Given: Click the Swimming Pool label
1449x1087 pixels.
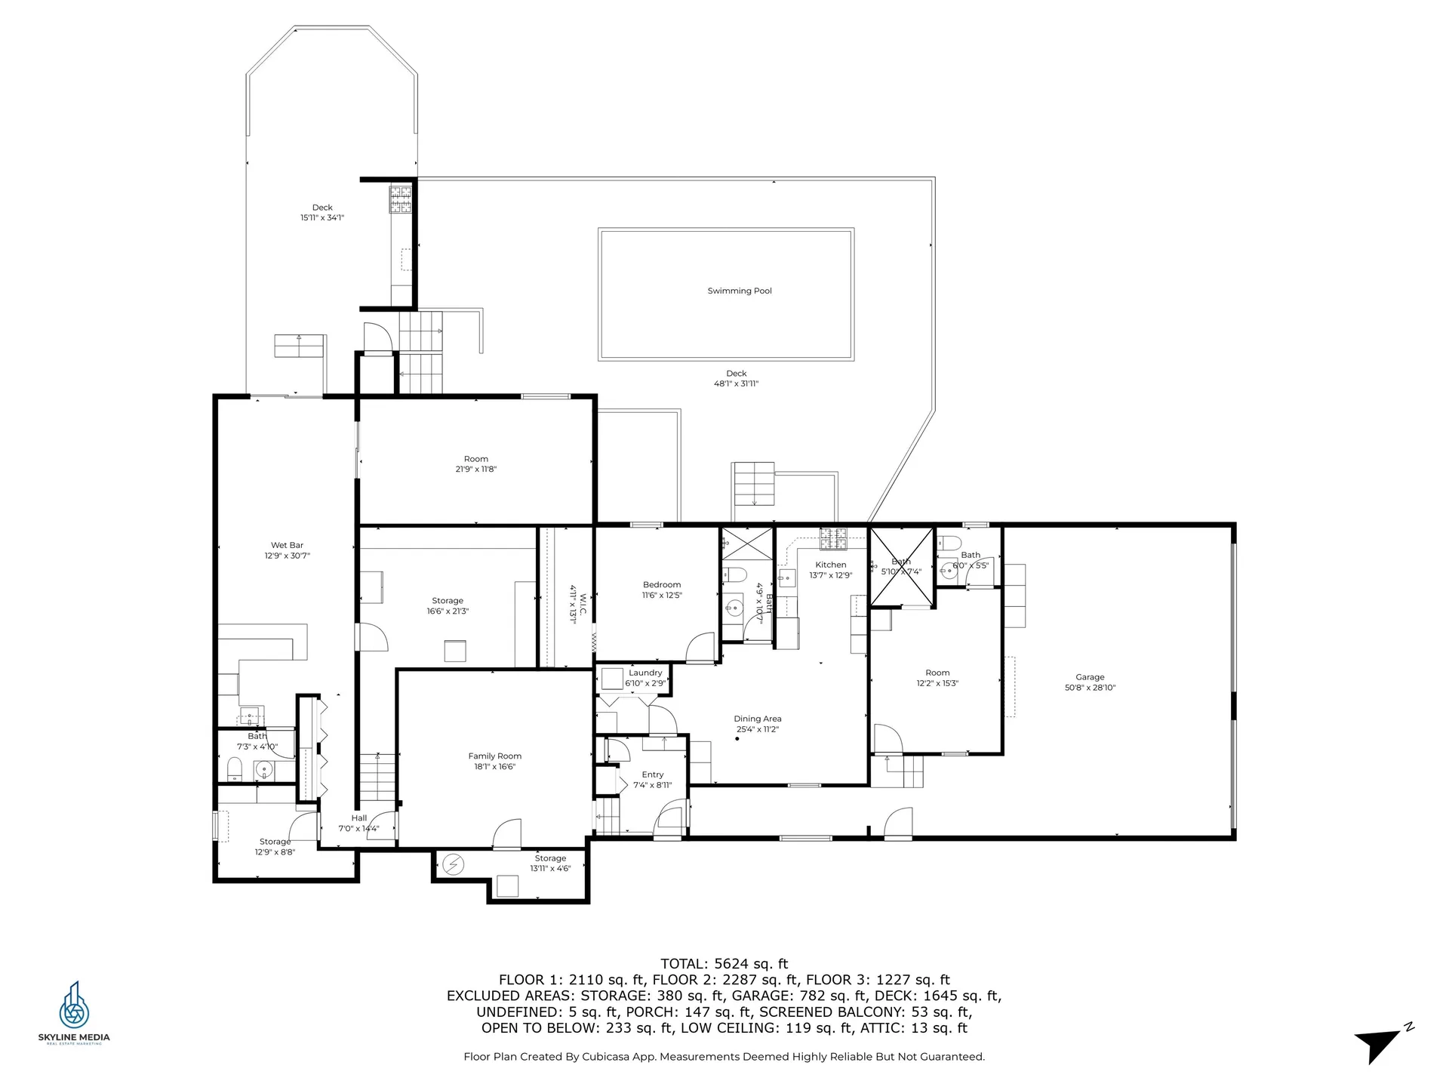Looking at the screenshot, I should tap(739, 291).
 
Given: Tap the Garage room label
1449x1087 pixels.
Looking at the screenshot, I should tap(1090, 677).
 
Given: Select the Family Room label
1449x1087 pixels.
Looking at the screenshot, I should tap(494, 756).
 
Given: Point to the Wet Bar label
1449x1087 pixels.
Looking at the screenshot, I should tap(287, 545).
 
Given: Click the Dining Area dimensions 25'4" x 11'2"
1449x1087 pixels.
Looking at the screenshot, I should tap(757, 729).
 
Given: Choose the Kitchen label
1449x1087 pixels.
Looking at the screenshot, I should tap(830, 565).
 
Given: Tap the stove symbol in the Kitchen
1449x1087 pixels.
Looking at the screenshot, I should tap(833, 538).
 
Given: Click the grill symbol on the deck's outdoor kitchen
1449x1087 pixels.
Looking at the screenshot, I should tap(400, 199).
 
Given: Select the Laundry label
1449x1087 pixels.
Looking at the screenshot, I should tap(645, 673).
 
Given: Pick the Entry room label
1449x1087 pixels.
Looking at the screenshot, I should tap(652, 774).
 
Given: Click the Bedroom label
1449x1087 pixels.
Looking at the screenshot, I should tap(662, 584).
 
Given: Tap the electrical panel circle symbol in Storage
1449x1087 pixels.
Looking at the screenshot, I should tap(454, 864).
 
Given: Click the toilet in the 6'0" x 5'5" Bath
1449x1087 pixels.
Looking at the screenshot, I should tap(949, 543).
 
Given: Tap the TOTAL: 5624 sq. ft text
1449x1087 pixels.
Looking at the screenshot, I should tap(724, 963).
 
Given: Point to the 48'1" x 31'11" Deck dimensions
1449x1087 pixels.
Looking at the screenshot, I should tap(736, 383).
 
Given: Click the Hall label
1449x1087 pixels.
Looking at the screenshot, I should tap(358, 818).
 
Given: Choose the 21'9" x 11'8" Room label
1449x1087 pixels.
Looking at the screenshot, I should tap(475, 459).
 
